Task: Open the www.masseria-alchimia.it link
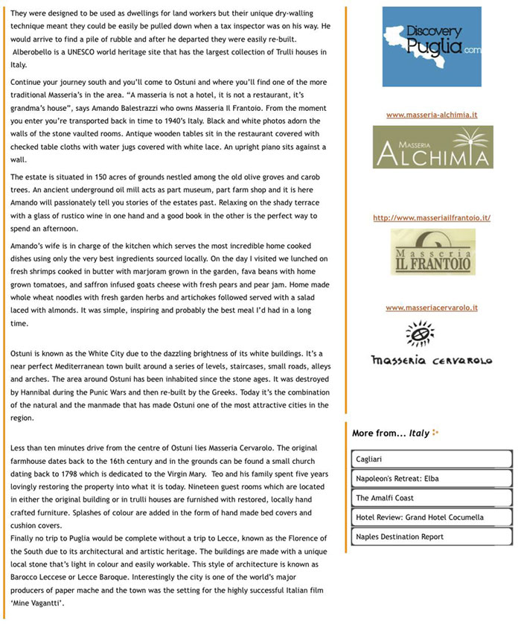coord(432,115)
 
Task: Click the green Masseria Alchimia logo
coord(432,147)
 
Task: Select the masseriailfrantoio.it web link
coord(432,217)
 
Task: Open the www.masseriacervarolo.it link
coord(432,308)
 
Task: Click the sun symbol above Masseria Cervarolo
coord(420,332)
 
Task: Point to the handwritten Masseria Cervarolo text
coord(432,360)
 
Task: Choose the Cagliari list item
coord(432,459)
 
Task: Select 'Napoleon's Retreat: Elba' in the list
coord(432,479)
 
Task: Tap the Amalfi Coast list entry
coord(432,498)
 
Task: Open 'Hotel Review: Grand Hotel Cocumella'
coord(432,518)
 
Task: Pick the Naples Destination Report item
coord(432,537)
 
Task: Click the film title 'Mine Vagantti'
coord(38,603)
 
